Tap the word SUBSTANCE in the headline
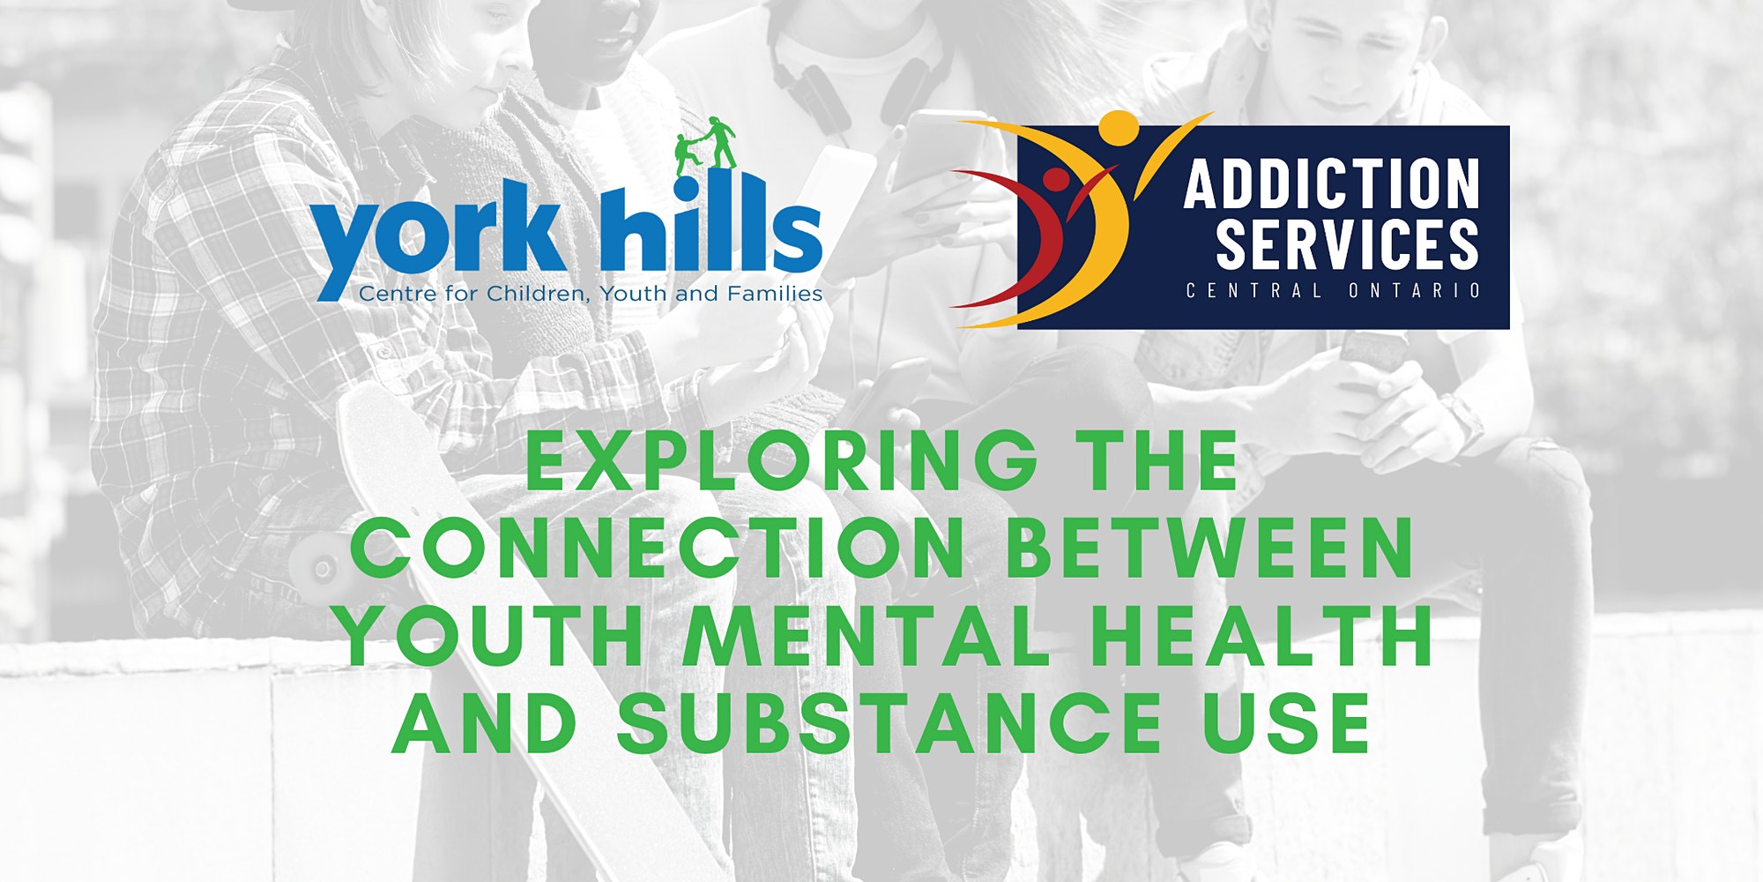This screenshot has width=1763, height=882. [x=889, y=723]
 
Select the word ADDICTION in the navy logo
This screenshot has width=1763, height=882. [x=1331, y=184]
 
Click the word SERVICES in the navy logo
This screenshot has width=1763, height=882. [x=1347, y=243]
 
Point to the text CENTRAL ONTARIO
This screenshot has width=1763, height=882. [x=1333, y=290]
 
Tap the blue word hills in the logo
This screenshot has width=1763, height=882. [x=710, y=223]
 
